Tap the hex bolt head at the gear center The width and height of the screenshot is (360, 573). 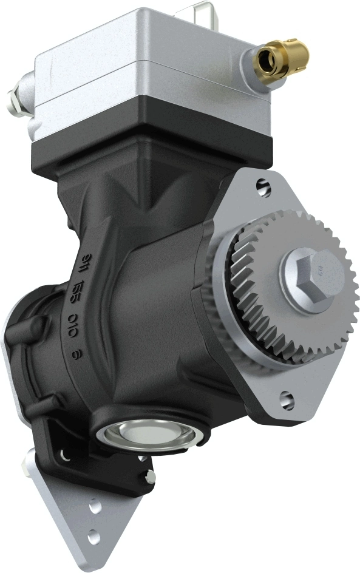[x=311, y=274]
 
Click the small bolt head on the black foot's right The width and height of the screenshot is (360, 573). [x=150, y=477]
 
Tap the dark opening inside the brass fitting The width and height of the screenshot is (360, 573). [x=265, y=59]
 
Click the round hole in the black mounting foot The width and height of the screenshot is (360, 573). [x=65, y=453]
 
